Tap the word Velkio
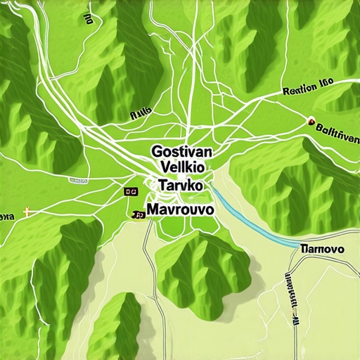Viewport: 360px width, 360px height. (x=182, y=169)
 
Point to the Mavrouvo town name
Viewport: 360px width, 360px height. (x=182, y=210)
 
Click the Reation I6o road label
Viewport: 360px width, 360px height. (x=307, y=91)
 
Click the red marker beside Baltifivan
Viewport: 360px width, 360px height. (x=310, y=121)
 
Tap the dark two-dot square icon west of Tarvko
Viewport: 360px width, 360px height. (x=130, y=191)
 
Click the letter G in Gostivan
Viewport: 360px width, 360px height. (x=156, y=151)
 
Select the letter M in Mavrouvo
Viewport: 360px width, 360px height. (x=153, y=210)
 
